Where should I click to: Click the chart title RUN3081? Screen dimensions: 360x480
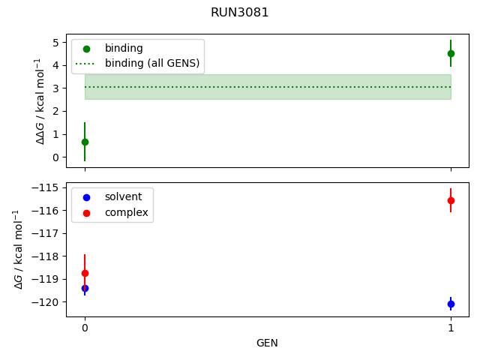click(x=240, y=13)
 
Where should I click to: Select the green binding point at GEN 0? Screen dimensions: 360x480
click(x=85, y=142)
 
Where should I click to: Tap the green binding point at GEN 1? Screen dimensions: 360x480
click(x=451, y=53)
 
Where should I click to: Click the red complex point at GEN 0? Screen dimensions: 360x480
click(x=85, y=273)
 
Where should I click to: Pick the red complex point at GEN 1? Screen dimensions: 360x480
click(x=451, y=200)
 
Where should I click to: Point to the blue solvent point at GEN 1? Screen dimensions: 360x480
click(x=451, y=304)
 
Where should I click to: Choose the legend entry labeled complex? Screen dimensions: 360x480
click(x=126, y=213)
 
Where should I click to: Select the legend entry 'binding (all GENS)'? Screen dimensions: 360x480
click(x=152, y=63)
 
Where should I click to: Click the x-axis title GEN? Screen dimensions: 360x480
click(x=268, y=343)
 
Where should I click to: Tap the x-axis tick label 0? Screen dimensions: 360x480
click(x=85, y=328)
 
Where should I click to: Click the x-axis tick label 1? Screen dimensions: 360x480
click(x=451, y=328)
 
